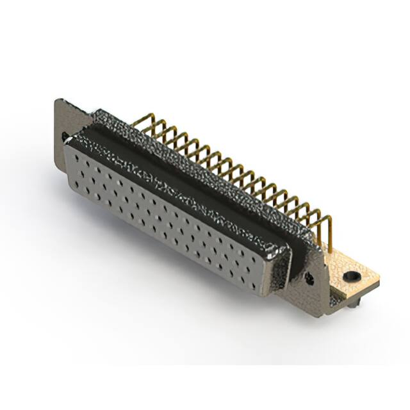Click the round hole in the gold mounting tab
click(350, 277)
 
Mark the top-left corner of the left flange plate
click(58, 100)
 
